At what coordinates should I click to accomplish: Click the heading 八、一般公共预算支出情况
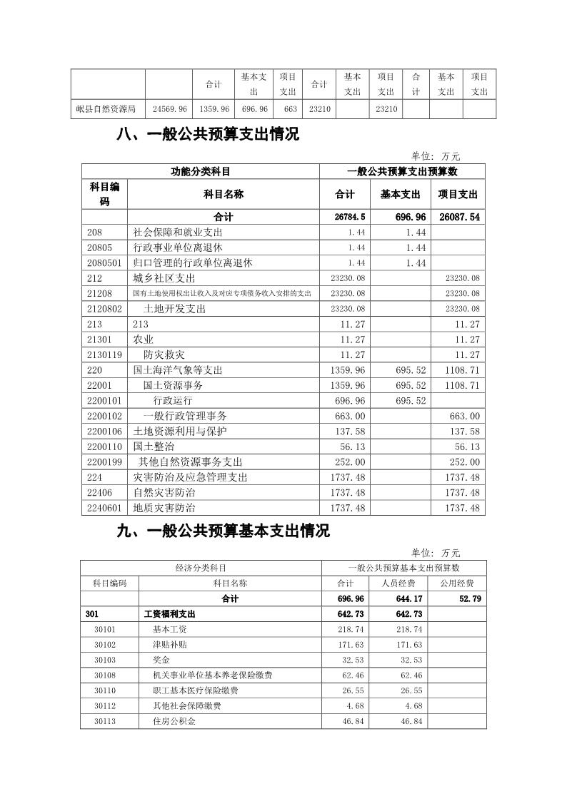207,135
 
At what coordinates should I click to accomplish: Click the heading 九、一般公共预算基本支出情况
222,531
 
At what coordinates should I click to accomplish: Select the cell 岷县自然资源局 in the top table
106,109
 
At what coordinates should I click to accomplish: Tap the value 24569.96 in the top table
170,109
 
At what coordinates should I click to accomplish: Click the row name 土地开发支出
174,309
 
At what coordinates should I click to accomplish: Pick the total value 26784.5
350,217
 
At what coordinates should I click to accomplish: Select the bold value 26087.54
458,217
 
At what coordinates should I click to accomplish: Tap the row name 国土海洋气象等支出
178,370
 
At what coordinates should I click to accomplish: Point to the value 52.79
468,598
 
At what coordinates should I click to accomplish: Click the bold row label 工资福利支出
169,614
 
